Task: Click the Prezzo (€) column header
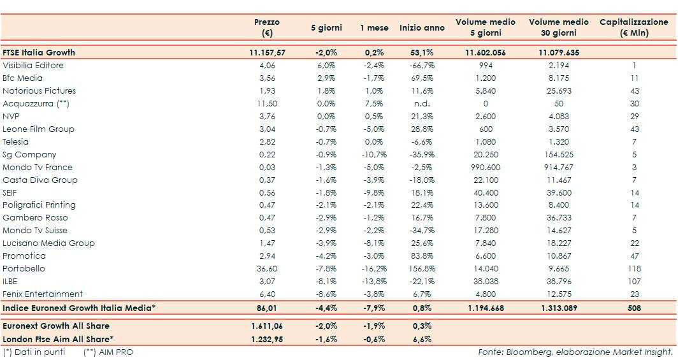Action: click(x=266, y=27)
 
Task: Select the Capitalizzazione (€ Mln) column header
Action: click(x=633, y=27)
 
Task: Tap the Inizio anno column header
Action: click(x=422, y=28)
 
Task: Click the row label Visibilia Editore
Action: click(x=33, y=66)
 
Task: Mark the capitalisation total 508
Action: click(x=634, y=308)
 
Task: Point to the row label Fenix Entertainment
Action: click(x=43, y=294)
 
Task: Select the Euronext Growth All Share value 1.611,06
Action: click(x=268, y=325)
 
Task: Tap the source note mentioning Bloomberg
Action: click(x=575, y=352)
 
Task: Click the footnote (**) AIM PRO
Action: click(x=108, y=352)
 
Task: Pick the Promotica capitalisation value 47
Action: click(x=634, y=256)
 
